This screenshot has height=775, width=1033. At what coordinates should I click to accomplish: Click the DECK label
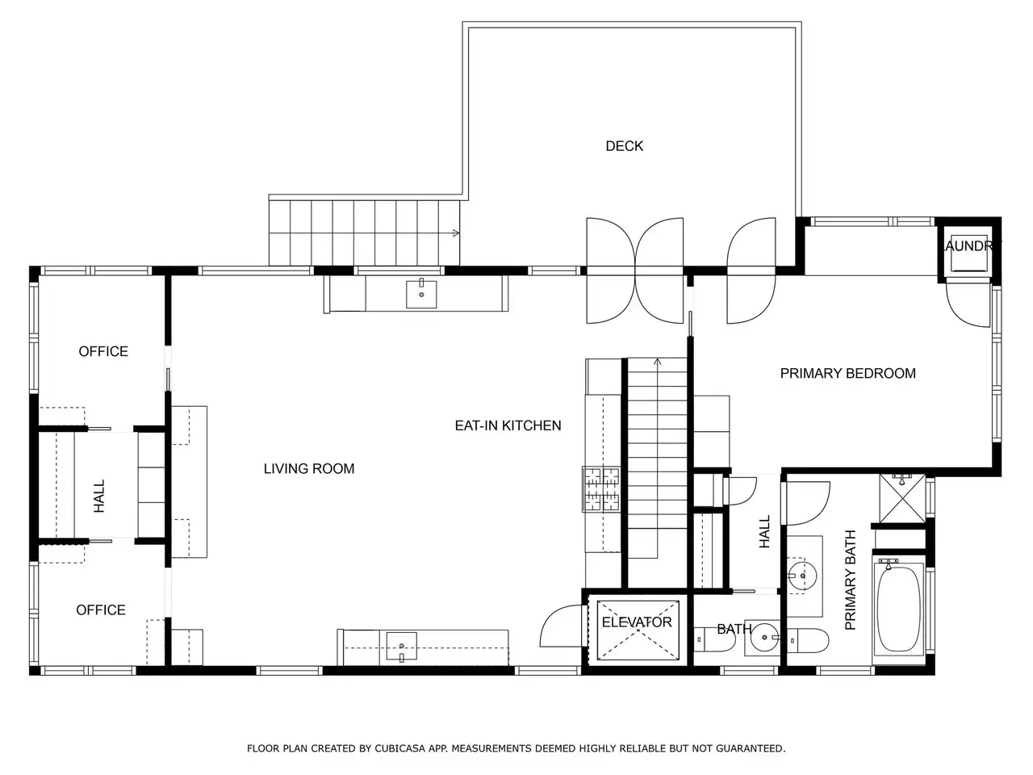(624, 146)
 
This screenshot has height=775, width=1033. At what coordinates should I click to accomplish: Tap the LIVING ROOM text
(309, 469)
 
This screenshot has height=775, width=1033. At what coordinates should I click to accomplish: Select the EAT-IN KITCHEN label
(508, 425)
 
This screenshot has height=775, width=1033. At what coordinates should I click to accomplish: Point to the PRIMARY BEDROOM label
(847, 373)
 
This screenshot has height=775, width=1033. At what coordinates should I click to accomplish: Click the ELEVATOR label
(636, 622)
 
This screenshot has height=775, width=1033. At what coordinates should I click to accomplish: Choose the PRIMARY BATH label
(850, 580)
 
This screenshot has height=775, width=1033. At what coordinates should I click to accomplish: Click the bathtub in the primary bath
(899, 609)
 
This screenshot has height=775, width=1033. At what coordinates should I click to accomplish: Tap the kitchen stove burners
(601, 489)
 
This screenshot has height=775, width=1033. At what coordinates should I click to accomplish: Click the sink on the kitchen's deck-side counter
(421, 294)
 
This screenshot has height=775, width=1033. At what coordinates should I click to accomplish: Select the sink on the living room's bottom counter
(401, 647)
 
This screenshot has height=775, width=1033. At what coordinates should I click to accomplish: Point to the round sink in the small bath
(763, 638)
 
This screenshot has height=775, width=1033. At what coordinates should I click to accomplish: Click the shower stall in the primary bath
(902, 499)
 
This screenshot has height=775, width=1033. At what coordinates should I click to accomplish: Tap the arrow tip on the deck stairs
(457, 233)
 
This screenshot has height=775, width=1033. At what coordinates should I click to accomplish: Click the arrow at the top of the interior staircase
(658, 362)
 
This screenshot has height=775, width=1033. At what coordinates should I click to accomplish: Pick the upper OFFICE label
(103, 351)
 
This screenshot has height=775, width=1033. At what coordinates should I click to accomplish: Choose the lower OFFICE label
(101, 610)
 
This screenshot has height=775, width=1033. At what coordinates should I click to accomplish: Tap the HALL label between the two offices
(98, 496)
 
